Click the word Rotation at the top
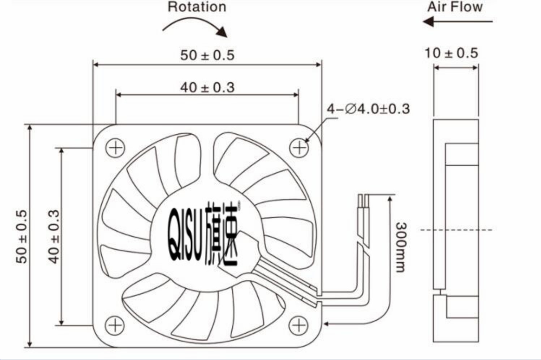point(197,7)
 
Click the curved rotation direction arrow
point(195,26)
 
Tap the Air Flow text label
point(455,7)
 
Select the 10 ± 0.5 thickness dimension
point(451,53)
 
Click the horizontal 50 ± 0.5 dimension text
point(207,55)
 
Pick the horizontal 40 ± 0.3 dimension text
point(207,87)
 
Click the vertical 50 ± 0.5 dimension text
point(22,237)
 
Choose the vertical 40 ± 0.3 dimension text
point(54,237)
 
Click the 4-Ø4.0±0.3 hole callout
point(368,109)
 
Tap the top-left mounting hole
point(115,148)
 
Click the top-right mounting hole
point(299,148)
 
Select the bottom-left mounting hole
point(115,325)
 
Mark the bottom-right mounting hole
point(299,325)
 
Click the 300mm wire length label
point(401,247)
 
